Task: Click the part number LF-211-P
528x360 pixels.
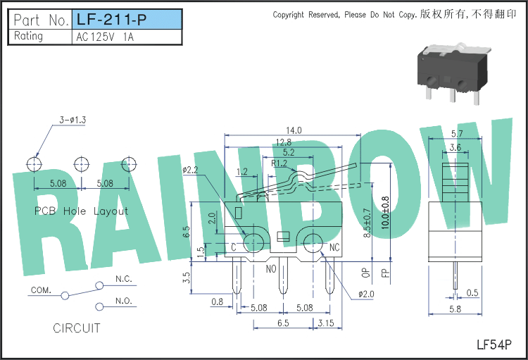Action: coord(112,20)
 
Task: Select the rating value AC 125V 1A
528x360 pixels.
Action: coord(105,37)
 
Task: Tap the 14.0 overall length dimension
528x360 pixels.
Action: coord(294,130)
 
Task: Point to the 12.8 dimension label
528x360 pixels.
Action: coord(284,142)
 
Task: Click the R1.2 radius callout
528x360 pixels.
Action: coord(279,163)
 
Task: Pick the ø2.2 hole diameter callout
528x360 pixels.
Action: coord(190,170)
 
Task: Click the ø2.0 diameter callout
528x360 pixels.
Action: coord(366,294)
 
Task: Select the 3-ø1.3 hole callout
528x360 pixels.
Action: coord(73,120)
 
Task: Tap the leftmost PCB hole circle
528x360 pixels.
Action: coord(34,164)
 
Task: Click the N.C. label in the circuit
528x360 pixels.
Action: coord(124,279)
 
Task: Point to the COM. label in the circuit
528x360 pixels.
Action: coord(41,290)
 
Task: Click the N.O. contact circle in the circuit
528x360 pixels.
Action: coord(99,306)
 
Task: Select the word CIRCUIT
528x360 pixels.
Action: coord(77,328)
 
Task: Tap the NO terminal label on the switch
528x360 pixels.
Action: coord(271,269)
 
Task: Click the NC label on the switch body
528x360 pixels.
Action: coord(334,248)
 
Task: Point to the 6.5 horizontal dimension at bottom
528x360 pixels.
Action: coord(283,323)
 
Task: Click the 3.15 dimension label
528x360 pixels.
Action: coord(326,323)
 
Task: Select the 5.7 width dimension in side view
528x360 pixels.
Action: coord(457,133)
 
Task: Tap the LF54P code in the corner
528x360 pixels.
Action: coord(494,345)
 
